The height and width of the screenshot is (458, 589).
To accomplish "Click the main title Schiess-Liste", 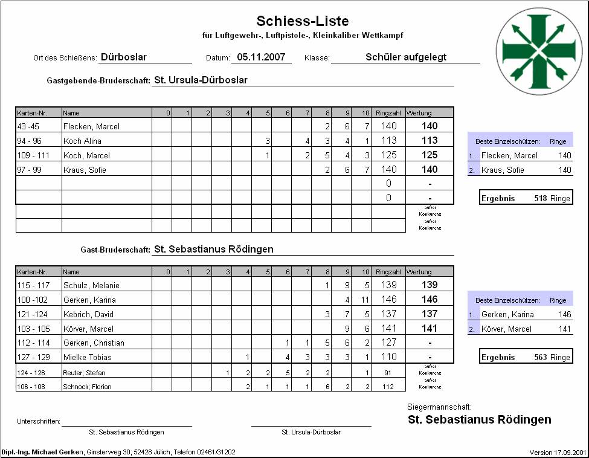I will (303, 21).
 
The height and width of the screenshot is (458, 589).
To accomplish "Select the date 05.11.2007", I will (262, 57).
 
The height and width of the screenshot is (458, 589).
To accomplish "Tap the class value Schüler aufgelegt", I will (406, 57).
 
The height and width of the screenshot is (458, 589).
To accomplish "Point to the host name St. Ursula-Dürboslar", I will (201, 80).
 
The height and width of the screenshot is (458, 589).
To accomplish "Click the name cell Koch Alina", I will (82, 141).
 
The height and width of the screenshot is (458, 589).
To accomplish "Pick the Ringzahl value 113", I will (388, 141).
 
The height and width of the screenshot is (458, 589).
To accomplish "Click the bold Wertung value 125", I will (429, 155).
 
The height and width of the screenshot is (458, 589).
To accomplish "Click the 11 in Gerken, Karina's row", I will (364, 300).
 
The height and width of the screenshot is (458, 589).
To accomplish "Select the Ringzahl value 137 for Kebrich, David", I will (388, 314).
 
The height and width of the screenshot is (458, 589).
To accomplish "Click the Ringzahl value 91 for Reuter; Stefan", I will (388, 372).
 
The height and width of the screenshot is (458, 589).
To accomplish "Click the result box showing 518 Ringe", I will (525, 198).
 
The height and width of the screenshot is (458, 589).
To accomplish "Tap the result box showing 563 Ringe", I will (525, 357).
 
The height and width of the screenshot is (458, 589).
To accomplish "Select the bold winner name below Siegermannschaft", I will (479, 419).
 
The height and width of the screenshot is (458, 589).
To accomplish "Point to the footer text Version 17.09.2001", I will (557, 453).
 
